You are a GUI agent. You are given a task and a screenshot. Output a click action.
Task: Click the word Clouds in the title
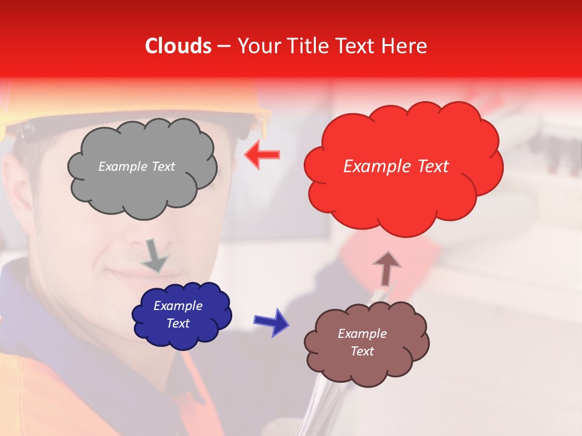(178, 46)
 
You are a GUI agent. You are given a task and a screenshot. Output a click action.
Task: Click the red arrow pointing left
(262, 154)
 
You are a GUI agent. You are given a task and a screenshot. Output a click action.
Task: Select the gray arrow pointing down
(155, 256)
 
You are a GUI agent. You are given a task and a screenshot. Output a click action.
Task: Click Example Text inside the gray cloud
(136, 167)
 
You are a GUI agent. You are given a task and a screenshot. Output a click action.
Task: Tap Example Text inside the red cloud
(396, 167)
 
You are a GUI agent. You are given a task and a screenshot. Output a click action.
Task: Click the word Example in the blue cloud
(178, 306)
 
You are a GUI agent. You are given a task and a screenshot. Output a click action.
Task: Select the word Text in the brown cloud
(362, 351)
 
